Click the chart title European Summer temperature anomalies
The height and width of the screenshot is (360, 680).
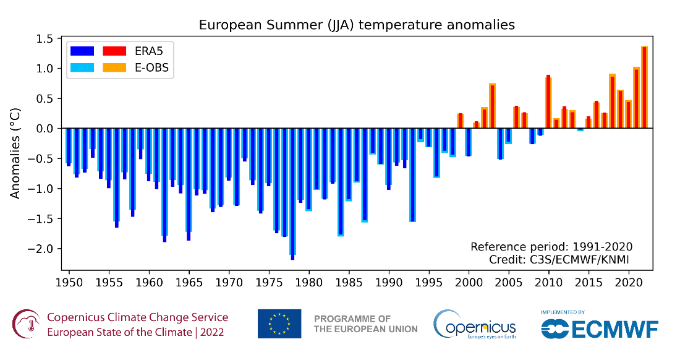pyautogui.click(x=357, y=25)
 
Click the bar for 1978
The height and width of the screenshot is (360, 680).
pyautogui.click(x=292, y=192)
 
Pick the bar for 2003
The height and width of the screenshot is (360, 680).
pyautogui.click(x=492, y=106)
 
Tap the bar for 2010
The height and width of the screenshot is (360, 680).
pyautogui.click(x=548, y=102)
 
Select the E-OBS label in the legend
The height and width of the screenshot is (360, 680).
pyautogui.click(x=152, y=67)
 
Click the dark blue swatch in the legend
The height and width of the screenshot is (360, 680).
pyautogui.click(x=82, y=51)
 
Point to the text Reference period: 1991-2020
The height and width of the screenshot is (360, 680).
pyautogui.click(x=551, y=247)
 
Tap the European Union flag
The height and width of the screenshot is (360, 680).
pyautogui.click(x=279, y=324)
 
